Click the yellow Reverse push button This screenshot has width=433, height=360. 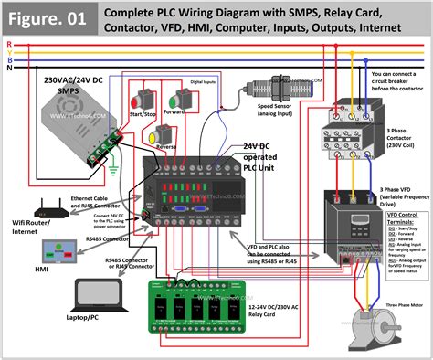(156, 136)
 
